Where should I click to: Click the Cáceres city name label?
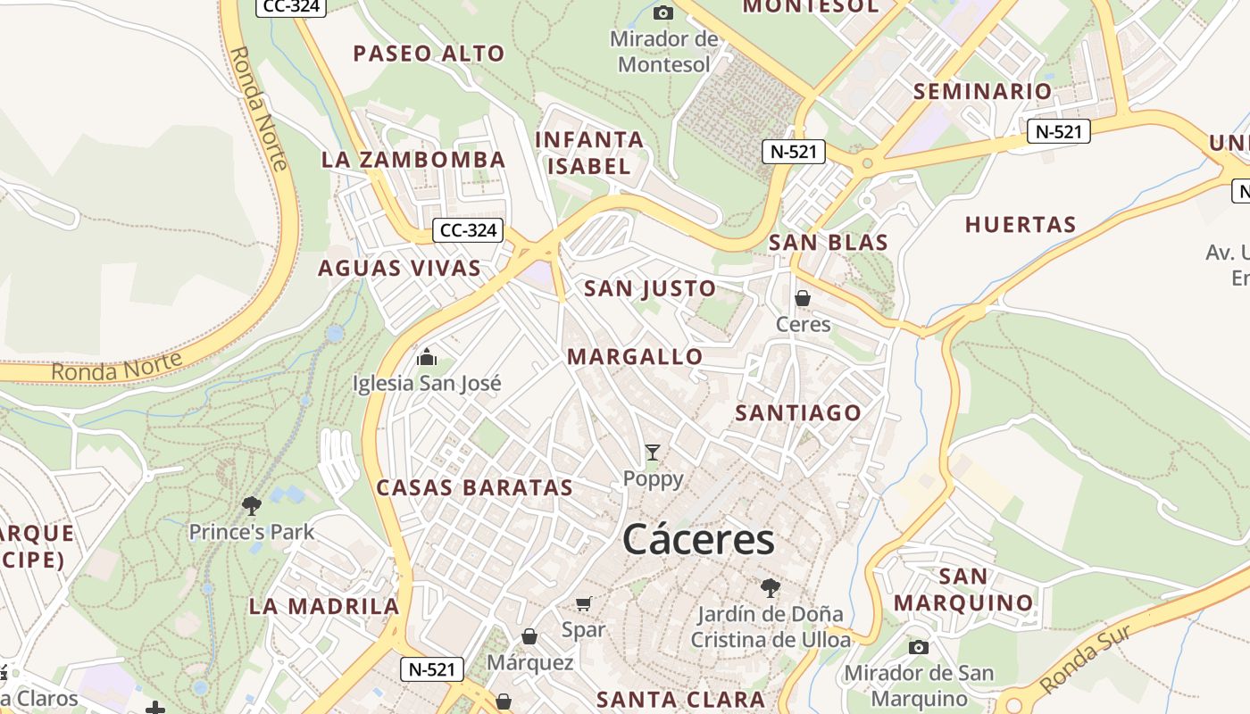point(698,540)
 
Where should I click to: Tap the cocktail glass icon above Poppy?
point(653,452)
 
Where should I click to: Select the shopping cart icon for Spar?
point(584,604)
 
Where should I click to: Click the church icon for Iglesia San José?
point(427,358)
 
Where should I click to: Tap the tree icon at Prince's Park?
point(252,506)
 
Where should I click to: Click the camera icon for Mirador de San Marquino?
point(918,647)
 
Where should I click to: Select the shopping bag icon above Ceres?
point(803,298)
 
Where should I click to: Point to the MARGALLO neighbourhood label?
point(635,357)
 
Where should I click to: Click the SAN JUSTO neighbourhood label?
point(649,288)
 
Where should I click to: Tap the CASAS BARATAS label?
point(474,487)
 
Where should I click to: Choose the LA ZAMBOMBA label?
point(413,160)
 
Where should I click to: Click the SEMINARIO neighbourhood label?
point(982,91)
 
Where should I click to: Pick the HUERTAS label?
point(1020,225)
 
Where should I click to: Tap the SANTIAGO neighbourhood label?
point(797,412)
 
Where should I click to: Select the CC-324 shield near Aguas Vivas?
point(469,230)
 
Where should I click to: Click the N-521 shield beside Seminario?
point(1058,132)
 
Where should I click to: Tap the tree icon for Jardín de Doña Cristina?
point(770,588)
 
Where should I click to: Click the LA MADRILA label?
point(323,606)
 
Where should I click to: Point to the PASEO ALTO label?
point(429,54)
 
